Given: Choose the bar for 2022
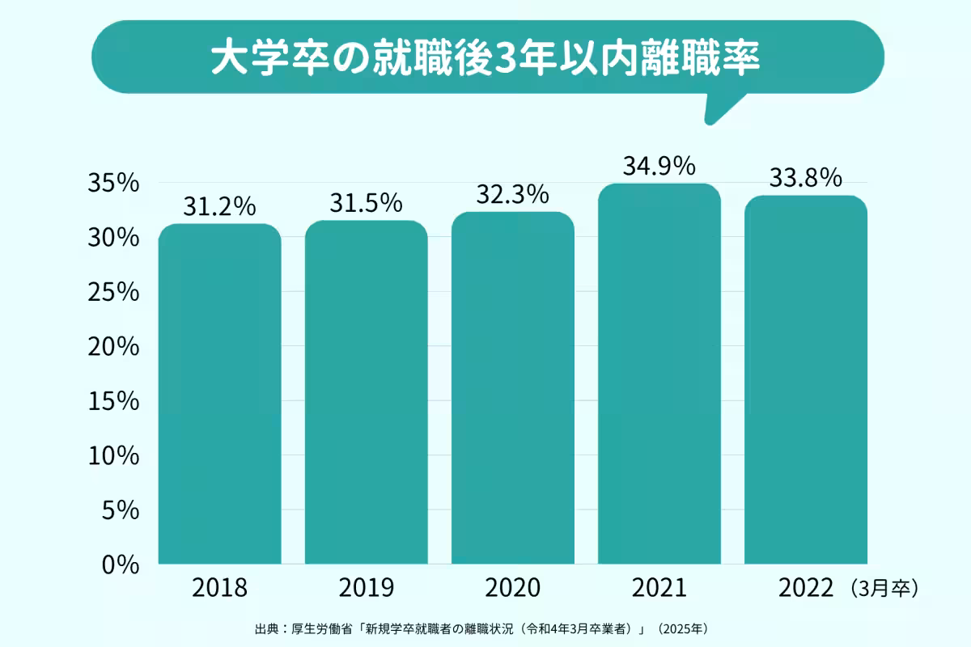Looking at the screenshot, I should coord(806,380).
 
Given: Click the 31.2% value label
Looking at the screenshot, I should coord(219,207).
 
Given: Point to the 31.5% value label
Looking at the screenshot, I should coord(366,204).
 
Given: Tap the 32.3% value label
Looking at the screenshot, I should coord(513,195).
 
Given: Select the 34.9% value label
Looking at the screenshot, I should coord(659,167).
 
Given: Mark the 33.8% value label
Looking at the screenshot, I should coord(806,178).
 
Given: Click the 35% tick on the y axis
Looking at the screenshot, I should coord(112,184).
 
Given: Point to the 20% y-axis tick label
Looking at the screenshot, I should coord(112,347).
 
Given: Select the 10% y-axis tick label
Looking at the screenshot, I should coord(112,456).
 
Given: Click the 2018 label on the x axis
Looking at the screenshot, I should coord(219,588).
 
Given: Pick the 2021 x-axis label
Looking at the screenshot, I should coord(659,588).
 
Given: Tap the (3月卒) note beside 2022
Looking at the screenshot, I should coord(884,588).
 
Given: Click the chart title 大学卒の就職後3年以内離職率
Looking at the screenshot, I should coord(485,58).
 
